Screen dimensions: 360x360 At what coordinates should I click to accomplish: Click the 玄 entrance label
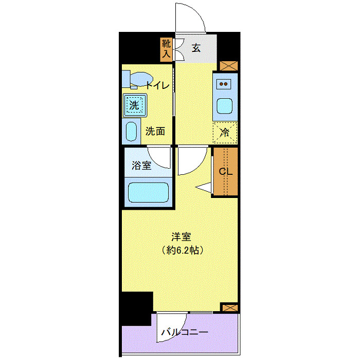[x=196, y=48]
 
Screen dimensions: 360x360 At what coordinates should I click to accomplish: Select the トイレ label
[x=156, y=85]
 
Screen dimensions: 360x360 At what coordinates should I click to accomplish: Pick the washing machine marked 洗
[x=134, y=106]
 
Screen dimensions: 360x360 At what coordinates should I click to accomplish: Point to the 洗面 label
[x=155, y=131]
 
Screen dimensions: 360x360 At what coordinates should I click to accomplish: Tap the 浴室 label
[x=141, y=166]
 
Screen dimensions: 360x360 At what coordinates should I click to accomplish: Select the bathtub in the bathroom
[x=148, y=193]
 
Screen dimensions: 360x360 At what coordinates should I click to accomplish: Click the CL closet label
[x=226, y=172]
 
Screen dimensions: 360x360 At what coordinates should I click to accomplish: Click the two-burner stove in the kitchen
[x=225, y=83]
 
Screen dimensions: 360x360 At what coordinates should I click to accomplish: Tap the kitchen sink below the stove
[x=225, y=106]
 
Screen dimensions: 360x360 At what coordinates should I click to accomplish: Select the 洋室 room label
[x=181, y=237]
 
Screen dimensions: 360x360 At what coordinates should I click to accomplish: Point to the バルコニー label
[x=184, y=332]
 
